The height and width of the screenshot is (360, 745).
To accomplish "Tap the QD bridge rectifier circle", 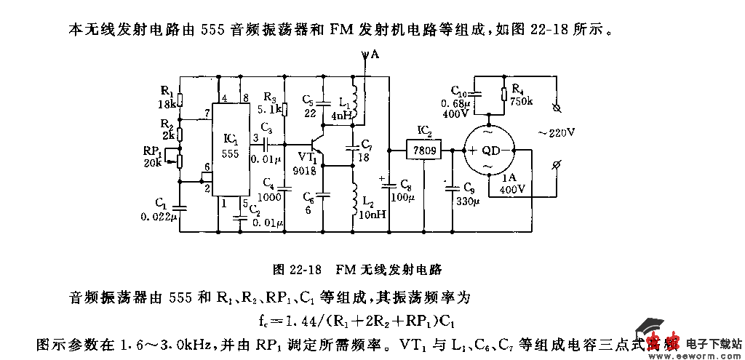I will click(x=489, y=151).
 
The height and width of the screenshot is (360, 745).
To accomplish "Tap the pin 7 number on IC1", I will click(x=208, y=113).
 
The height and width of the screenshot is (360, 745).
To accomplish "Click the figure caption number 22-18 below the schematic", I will click(x=305, y=269).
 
